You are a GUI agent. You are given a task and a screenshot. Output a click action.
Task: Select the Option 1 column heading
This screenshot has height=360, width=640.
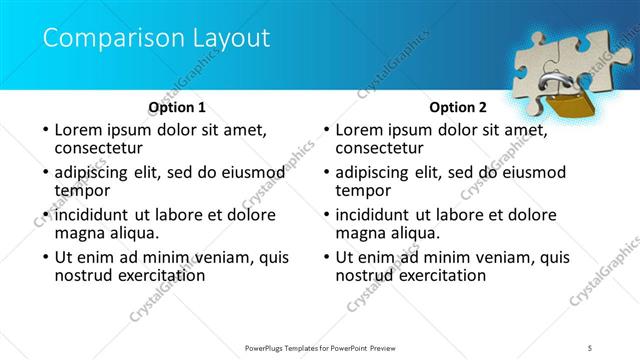coord(177,107)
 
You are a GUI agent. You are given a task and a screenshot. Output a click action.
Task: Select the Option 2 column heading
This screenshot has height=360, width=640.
coord(458,107)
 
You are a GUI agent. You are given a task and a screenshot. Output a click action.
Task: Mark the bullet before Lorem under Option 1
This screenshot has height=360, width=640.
coord(44,131)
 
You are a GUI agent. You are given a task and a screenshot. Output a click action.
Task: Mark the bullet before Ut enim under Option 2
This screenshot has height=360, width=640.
coord(325,257)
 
